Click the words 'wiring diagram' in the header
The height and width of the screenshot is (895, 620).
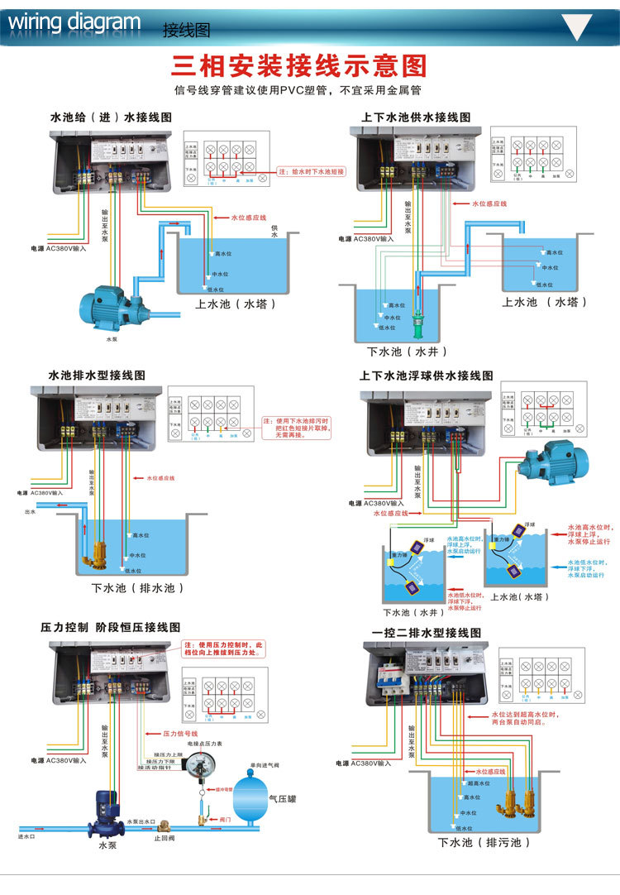tap(74, 22)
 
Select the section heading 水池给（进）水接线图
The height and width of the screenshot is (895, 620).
tap(111, 118)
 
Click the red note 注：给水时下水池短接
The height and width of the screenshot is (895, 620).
tap(310, 172)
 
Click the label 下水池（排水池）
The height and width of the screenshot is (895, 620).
tap(137, 588)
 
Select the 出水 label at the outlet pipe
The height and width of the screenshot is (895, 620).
tap(31, 512)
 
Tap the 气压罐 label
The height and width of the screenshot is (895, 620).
tap(284, 798)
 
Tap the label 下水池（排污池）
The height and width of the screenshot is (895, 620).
tap(484, 842)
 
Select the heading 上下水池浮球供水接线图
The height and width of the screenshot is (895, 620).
tap(426, 376)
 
